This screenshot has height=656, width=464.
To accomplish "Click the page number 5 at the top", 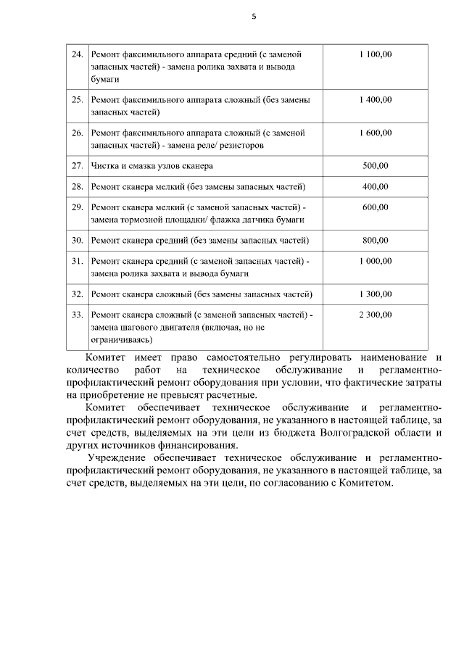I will pos(254,16).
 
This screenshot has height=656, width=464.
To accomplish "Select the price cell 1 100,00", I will pos(375,54).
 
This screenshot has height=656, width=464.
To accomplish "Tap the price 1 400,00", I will pos(375,99).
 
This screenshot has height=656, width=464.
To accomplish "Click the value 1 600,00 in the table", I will pos(375,133).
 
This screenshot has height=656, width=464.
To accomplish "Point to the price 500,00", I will pos(375,165).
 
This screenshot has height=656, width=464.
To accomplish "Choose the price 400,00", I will pos(375,186).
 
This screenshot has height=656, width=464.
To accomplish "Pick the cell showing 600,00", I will pos(375,207).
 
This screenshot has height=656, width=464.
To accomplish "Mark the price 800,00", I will pos(375,240).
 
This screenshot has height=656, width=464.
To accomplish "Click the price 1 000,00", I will pos(375,261).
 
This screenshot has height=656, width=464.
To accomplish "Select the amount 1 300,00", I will pos(375,294).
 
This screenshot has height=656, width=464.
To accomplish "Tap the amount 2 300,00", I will pos(375,315).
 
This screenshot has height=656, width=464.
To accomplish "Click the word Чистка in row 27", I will pos(105,165).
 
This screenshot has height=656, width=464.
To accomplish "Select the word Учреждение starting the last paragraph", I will pos(121,458).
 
